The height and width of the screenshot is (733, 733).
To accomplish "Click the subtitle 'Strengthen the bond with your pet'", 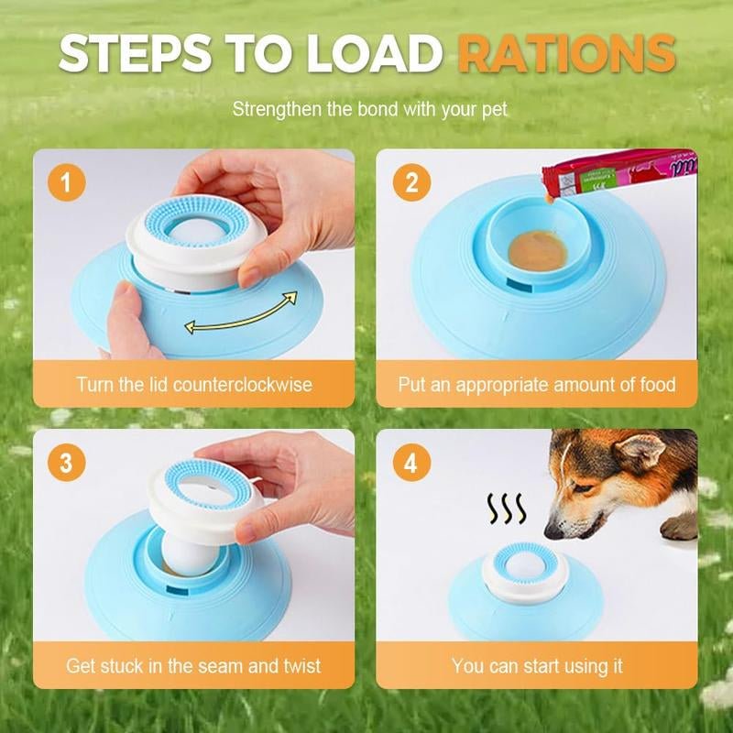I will point(369,110).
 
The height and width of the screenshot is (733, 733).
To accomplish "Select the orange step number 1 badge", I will point(65,182).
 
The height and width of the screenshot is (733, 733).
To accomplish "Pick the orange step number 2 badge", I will point(411,182).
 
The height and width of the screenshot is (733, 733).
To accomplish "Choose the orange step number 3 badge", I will point(65,463).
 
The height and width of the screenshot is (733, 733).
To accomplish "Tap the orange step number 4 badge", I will point(411,463).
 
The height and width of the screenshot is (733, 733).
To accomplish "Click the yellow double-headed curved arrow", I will point(241,312).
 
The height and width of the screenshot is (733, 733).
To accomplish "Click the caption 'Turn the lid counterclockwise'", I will point(194,384).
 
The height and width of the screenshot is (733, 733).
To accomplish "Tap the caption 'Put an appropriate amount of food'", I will point(537,384).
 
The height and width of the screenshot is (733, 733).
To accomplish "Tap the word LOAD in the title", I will point(375,55).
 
